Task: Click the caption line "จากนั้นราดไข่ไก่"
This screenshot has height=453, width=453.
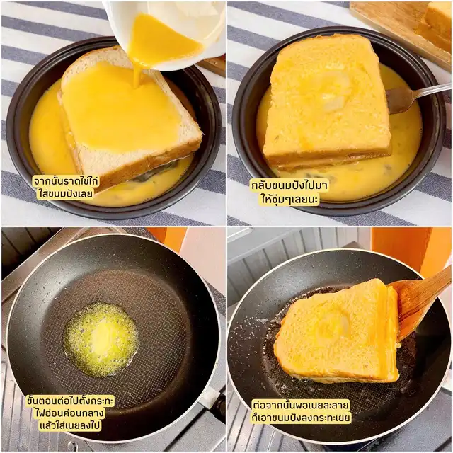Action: click(x=66, y=181)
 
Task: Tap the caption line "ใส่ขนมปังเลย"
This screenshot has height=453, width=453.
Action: click(x=66, y=193)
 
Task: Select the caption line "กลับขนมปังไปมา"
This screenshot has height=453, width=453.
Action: click(x=289, y=186)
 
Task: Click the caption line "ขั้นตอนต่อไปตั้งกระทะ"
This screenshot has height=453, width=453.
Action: click(x=70, y=401)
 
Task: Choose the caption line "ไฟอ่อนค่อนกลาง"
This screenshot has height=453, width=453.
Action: click(x=69, y=413)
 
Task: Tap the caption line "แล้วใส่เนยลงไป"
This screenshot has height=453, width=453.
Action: click(x=71, y=426)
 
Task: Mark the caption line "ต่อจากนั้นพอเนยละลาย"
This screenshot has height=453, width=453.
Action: click(x=301, y=405)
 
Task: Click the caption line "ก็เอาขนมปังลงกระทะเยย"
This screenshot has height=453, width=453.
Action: click(x=301, y=418)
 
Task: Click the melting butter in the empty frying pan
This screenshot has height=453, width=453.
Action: click(x=101, y=340)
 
